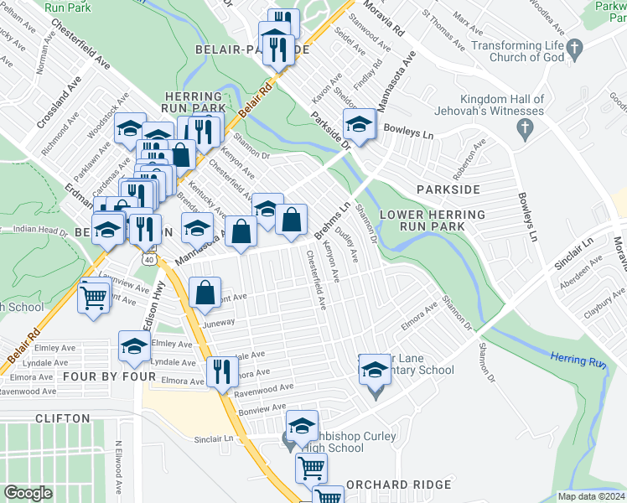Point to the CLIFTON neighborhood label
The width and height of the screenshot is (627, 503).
tap(63, 417)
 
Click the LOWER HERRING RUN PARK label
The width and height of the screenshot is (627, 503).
tap(432, 221)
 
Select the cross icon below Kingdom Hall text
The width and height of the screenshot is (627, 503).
tap(525, 127)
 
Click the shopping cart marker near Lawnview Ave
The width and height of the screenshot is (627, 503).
tap(94, 297)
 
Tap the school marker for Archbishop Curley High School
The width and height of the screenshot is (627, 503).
tap(302, 425)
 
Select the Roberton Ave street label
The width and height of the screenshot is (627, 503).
tap(477, 161)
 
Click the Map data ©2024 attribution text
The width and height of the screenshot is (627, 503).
tap(591, 496)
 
